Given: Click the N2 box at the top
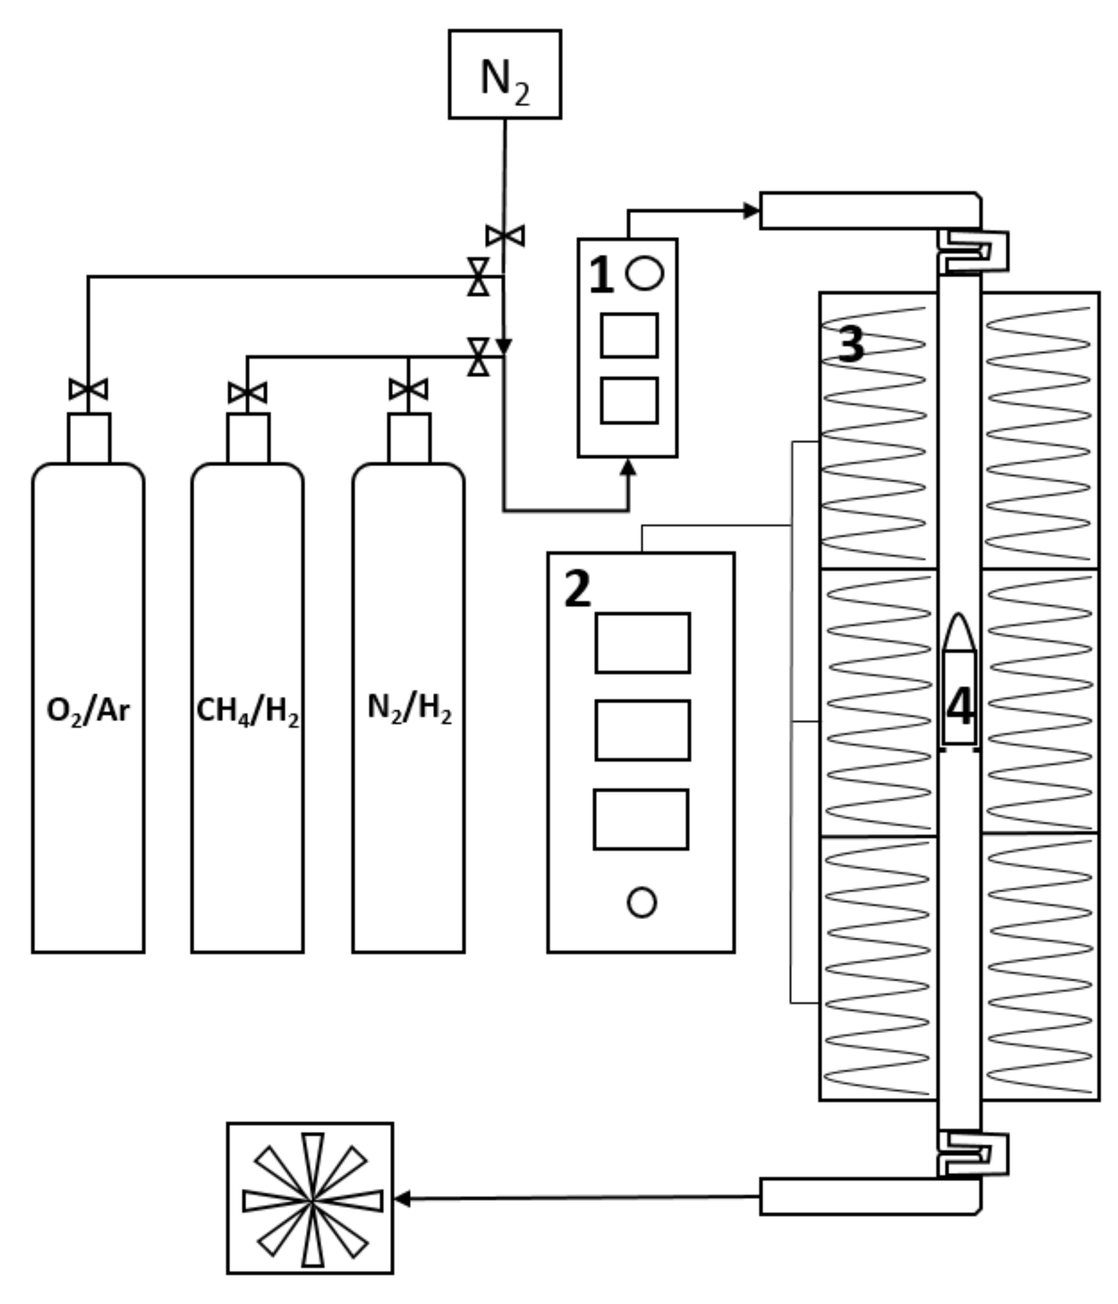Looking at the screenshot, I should point(505,74).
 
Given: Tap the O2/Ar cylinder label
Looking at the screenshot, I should point(88,711).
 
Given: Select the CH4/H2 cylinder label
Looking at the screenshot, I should point(247,711).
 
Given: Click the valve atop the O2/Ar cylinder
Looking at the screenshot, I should point(88,390).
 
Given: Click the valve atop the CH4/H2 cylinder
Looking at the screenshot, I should point(247,393).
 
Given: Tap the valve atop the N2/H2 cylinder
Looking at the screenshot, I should point(408,390).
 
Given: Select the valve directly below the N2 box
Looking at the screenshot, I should point(505,236).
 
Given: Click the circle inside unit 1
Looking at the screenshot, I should point(644,273).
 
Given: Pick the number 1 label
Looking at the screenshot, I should point(601,275).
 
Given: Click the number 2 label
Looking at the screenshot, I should point(577,590).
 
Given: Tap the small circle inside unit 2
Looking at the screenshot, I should point(641,902).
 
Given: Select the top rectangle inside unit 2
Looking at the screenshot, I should point(642,643).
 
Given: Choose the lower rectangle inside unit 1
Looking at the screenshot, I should point(629,400).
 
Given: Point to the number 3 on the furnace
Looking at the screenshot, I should point(850,344).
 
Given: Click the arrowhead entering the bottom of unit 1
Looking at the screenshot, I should point(627,467).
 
